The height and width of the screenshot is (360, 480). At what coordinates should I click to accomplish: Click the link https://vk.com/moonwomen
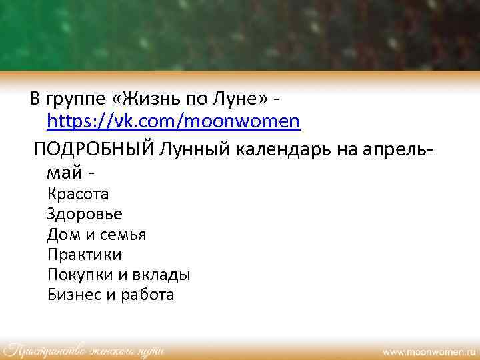(x=173, y=121)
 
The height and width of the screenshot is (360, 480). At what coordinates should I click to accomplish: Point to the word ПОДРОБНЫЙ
(x=94, y=148)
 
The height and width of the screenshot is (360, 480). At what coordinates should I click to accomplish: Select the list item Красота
(x=78, y=195)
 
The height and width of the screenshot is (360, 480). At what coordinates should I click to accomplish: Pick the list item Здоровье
(x=85, y=215)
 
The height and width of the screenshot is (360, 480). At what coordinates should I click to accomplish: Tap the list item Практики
(x=84, y=255)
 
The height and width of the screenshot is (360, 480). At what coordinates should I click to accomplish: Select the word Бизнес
(x=74, y=295)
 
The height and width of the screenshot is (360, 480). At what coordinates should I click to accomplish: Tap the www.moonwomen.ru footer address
(x=430, y=350)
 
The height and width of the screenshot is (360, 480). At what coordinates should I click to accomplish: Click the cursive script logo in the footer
(x=83, y=349)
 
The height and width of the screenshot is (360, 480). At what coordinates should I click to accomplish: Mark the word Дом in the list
(x=61, y=235)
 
